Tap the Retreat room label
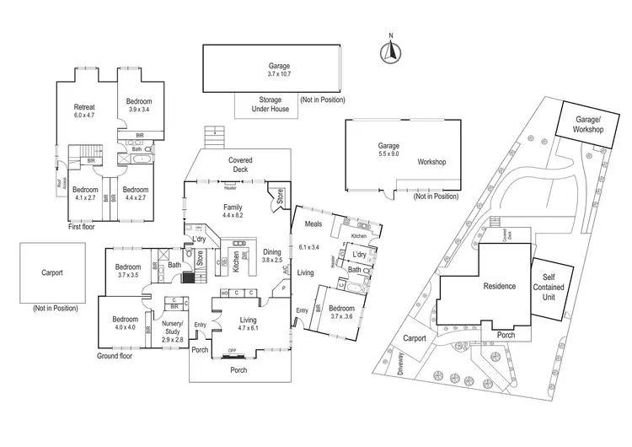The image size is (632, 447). [84, 107]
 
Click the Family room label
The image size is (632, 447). [233, 207]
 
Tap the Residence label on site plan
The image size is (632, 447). [499, 286]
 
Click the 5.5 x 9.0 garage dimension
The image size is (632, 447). [389, 155]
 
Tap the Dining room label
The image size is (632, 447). [272, 251]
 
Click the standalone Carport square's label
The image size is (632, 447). [52, 274]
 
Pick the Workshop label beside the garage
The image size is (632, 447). [431, 162]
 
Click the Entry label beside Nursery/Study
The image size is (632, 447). [200, 325]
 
